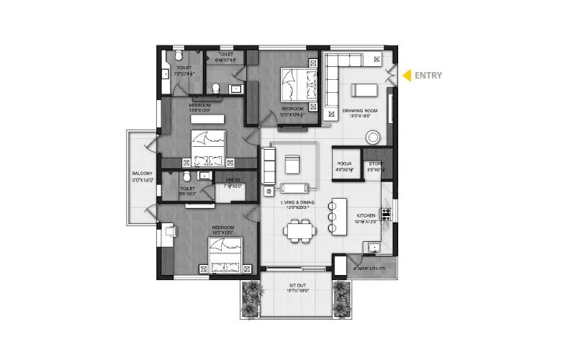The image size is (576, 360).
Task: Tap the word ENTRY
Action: click(x=428, y=75)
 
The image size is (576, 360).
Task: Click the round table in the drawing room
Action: click(x=374, y=137)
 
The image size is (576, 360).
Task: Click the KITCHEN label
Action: click(x=367, y=216)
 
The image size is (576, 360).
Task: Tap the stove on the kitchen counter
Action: click(x=386, y=214)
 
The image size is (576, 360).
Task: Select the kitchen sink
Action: click(x=373, y=248)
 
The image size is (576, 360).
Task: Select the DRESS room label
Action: click(x=233, y=181)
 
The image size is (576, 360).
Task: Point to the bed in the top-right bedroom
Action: click(x=297, y=84)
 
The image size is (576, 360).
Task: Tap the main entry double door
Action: click(x=390, y=76)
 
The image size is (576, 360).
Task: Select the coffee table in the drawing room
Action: click(x=362, y=90)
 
